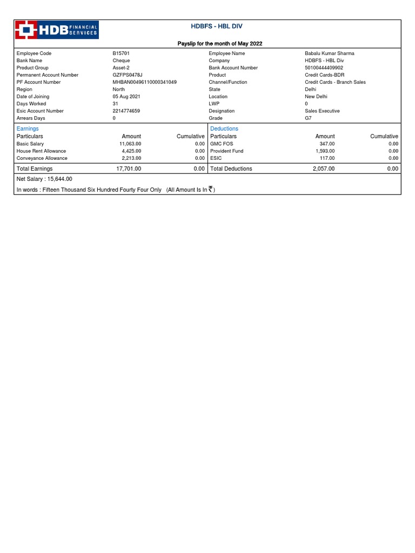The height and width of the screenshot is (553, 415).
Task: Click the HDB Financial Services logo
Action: [x=57, y=30]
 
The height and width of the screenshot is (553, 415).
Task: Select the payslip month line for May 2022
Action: [x=220, y=43]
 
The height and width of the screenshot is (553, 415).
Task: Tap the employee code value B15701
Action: [x=121, y=53]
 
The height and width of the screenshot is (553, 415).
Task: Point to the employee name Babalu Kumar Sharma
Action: [x=330, y=53]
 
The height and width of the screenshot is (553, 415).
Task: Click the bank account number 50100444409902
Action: [x=324, y=68]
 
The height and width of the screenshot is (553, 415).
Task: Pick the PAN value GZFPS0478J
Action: [x=127, y=75]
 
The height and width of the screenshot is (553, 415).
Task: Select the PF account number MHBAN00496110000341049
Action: [x=144, y=82]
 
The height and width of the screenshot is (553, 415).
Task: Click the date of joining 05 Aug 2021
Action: [x=126, y=97]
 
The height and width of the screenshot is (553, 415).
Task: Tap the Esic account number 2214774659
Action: [x=126, y=111]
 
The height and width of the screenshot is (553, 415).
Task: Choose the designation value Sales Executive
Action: [x=322, y=111]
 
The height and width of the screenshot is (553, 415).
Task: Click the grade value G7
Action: [x=308, y=118]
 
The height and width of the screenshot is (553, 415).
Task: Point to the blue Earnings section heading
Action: [x=28, y=129]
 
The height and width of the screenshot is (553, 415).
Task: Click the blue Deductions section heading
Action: [x=224, y=129]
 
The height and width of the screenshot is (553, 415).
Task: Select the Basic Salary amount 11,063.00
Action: [x=130, y=144]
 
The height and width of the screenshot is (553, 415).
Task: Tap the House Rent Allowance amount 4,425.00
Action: [x=131, y=151]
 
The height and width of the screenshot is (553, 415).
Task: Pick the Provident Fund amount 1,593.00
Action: [x=325, y=151]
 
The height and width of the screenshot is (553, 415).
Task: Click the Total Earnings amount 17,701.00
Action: [x=129, y=168]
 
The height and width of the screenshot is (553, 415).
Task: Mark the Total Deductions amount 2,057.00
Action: [x=324, y=168]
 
